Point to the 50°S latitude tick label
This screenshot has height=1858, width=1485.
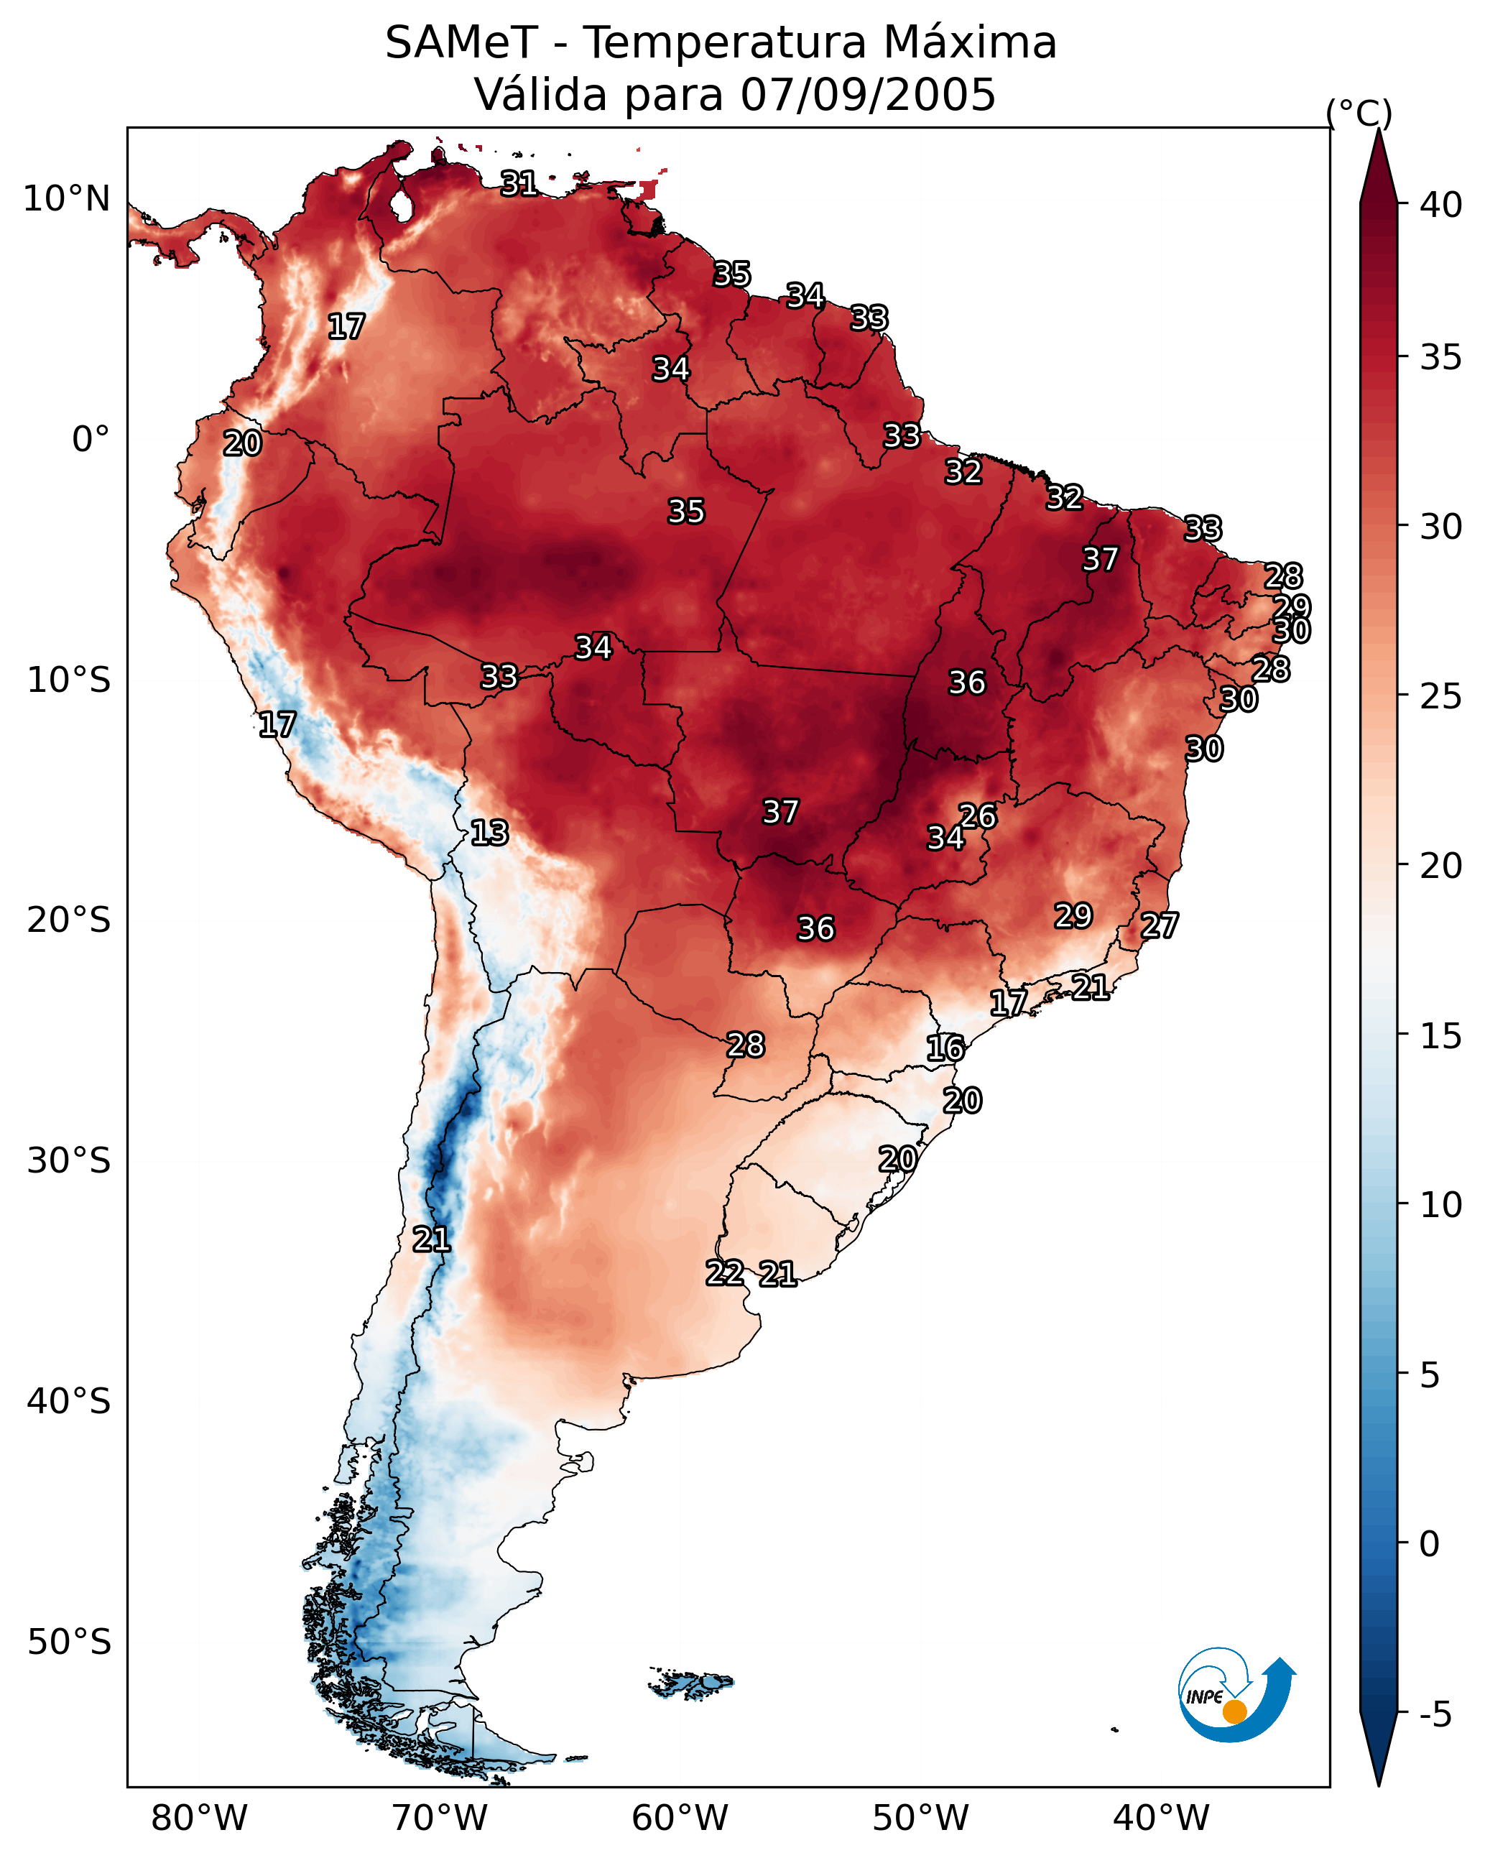(x=69, y=1642)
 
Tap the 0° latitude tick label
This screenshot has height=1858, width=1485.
(x=91, y=440)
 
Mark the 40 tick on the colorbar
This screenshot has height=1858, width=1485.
(x=1441, y=205)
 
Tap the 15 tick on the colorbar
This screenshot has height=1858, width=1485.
(x=1441, y=1036)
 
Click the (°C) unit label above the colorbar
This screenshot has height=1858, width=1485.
(x=1359, y=113)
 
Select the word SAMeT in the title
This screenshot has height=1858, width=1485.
(x=461, y=43)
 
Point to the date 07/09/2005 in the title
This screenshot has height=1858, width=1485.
(x=869, y=95)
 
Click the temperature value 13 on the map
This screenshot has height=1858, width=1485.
(x=489, y=833)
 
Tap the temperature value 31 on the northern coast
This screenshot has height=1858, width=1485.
(x=519, y=183)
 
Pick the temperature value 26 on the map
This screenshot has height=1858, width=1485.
(x=979, y=816)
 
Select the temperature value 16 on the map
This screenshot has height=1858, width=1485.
(x=945, y=1049)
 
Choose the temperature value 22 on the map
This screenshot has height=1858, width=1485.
(x=725, y=1273)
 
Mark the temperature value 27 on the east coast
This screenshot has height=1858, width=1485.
(x=1160, y=925)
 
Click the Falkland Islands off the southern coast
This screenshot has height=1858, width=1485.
(x=691, y=1683)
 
